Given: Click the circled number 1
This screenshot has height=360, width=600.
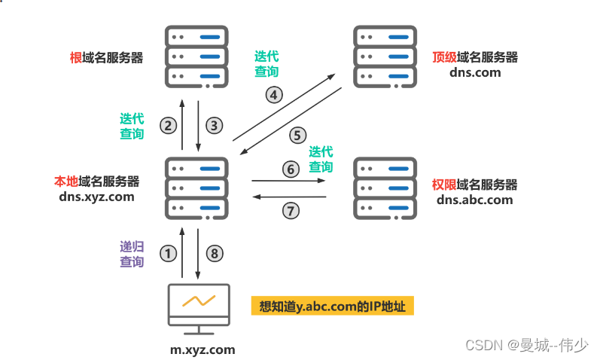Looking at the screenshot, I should tap(169, 254).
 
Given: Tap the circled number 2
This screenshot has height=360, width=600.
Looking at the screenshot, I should tap(169, 126).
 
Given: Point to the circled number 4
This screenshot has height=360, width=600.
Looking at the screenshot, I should tap(274, 95).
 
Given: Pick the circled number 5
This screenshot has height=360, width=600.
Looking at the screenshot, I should tap(297, 136).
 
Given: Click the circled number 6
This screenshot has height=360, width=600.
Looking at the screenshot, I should tap(291, 169).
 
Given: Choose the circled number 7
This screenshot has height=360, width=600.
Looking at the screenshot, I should tap(291, 211).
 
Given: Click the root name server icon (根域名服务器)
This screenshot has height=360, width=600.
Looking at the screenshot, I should tap(196, 56).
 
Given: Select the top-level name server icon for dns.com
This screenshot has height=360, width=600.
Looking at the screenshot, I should tap(385, 56).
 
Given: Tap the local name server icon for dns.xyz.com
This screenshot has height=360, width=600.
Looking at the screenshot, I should tap(196, 187).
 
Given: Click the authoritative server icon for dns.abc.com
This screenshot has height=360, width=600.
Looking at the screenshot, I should tap(385, 187).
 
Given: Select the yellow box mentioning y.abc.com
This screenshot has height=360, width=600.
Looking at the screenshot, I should tap(332, 307).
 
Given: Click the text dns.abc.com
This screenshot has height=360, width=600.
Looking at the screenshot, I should tap(474, 200).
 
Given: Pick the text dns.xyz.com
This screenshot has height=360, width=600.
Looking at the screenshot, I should tap(96, 197).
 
